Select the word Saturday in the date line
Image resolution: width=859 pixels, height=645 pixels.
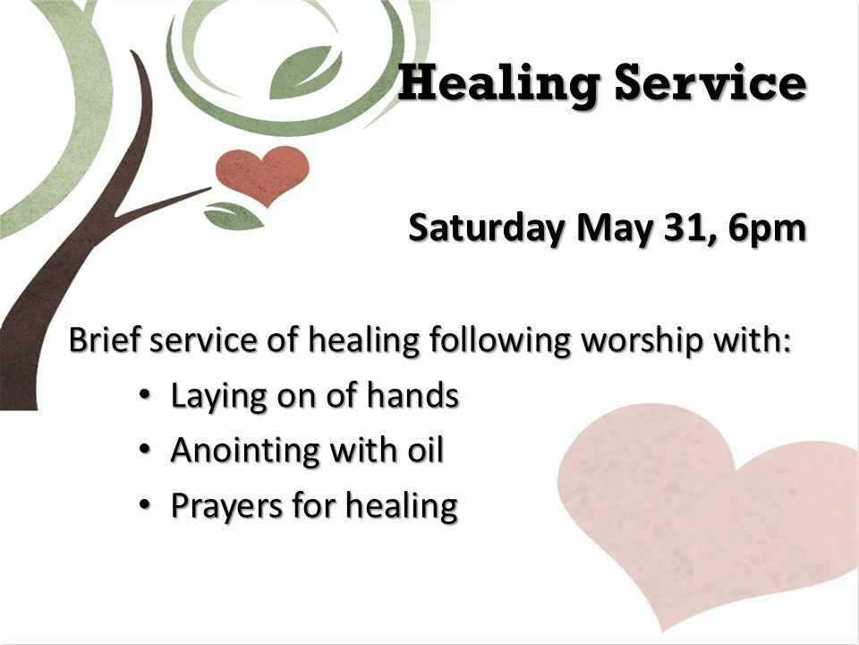487,228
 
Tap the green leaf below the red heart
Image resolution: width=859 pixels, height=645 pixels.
231,214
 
